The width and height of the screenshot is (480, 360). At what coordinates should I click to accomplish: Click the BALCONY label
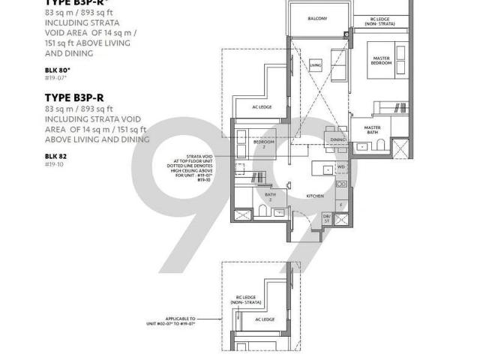(x=317, y=19)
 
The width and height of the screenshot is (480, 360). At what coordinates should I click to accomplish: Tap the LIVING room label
(x=316, y=66)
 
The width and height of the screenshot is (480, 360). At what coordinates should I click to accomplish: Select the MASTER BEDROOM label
(x=381, y=61)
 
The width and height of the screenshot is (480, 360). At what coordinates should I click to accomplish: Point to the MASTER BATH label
(x=373, y=130)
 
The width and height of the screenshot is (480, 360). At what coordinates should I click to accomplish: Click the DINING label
(x=337, y=139)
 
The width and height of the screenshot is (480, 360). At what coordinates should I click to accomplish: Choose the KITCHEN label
(x=315, y=196)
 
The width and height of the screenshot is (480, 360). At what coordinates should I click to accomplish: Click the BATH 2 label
(x=270, y=196)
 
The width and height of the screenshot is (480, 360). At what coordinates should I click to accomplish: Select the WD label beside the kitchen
(x=341, y=167)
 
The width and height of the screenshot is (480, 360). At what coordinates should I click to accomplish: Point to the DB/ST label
(x=327, y=217)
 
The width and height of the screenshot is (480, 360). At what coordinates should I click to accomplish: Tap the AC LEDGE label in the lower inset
(x=264, y=319)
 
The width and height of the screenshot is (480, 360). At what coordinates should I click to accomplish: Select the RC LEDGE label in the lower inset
(x=246, y=301)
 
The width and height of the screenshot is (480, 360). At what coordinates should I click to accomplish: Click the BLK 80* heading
(x=57, y=70)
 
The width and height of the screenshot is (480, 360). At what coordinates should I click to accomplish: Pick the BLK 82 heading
(x=54, y=156)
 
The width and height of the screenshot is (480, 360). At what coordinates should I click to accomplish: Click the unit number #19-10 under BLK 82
(x=54, y=163)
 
